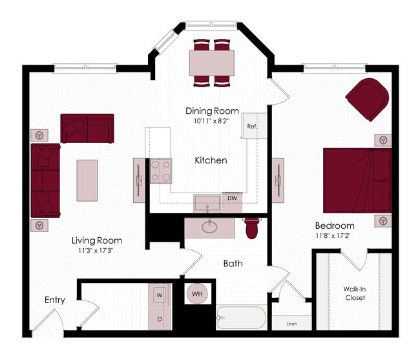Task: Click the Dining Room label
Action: pos(212,110)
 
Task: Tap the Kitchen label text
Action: pos(211,160)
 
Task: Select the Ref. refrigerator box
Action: pos(251,126)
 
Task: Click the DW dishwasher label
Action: pos(231,198)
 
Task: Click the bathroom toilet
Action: pos(252,228)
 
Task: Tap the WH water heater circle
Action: pos(197,295)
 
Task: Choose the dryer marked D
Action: pos(159,319)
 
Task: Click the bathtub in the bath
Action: pos(241,318)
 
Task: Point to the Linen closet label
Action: pos(293,323)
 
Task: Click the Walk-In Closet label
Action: pos(354,293)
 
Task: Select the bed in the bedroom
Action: pos(357,180)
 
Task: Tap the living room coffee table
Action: pos(87,180)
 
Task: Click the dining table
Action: pos(212,63)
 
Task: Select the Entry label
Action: pos(55,300)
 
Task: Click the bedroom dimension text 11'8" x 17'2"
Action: pos(334,235)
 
